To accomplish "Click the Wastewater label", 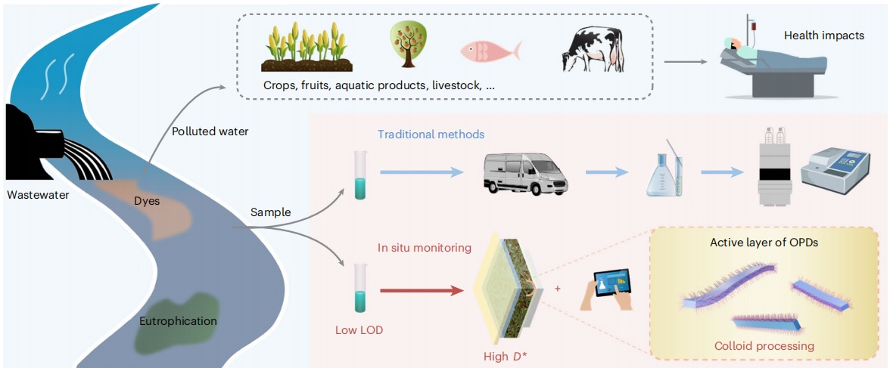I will [38, 195].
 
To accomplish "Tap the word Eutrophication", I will [178, 321].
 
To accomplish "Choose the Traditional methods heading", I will [431, 135].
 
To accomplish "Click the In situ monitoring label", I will [425, 247].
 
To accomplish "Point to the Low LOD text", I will [359, 330].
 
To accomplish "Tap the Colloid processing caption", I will [764, 346].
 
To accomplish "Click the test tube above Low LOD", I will [359, 288].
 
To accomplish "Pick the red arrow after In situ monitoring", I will [420, 289].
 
